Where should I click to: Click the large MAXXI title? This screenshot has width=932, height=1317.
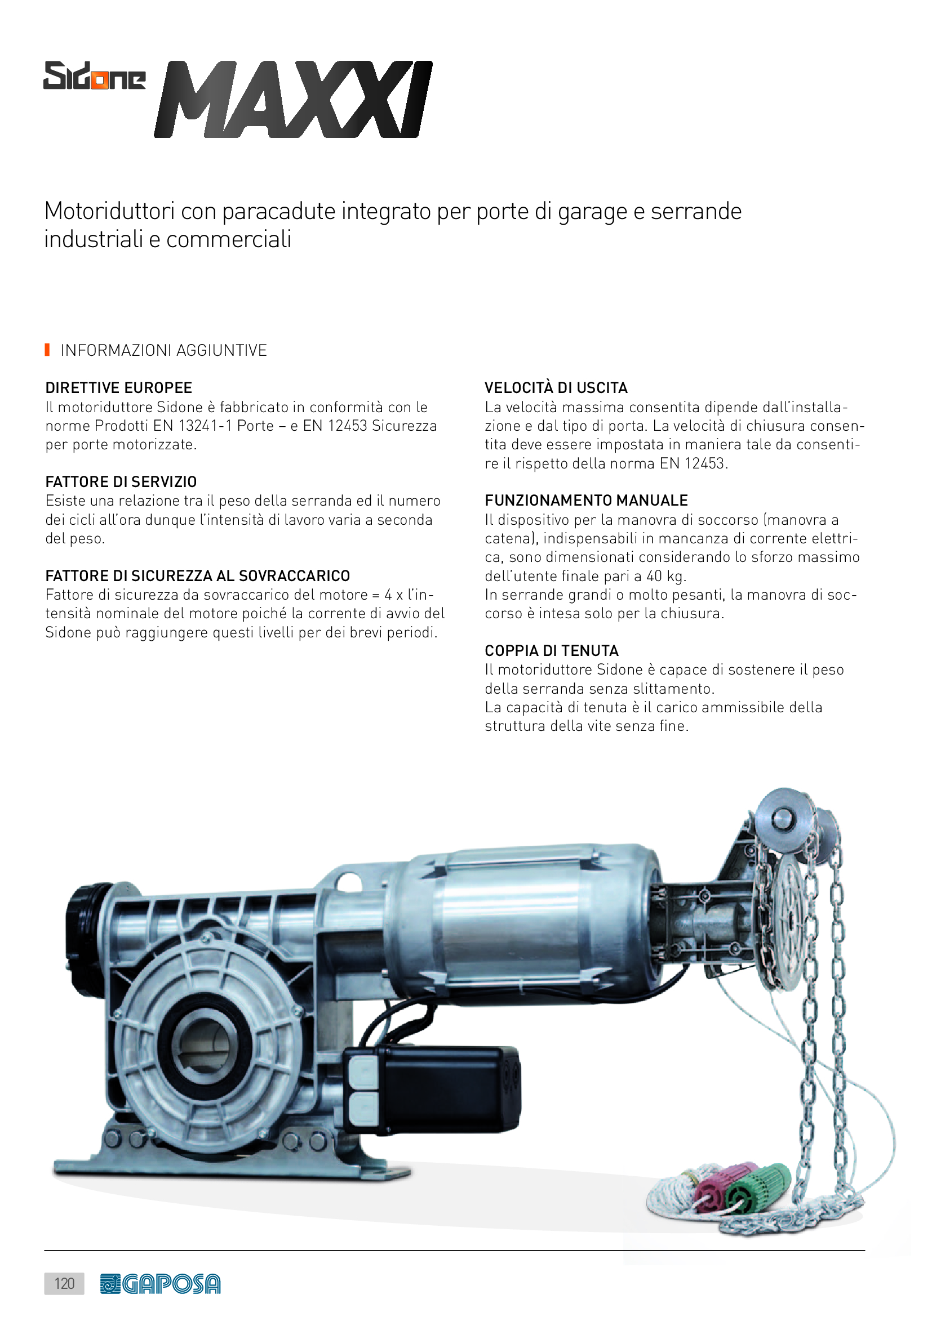(293, 99)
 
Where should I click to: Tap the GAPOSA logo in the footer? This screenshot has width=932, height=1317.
(160, 1284)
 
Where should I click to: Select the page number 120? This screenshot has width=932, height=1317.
(64, 1283)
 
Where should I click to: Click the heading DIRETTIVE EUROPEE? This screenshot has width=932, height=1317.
(119, 388)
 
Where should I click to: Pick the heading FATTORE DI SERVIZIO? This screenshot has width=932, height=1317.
(121, 482)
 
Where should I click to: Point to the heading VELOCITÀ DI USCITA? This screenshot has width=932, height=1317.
(556, 387)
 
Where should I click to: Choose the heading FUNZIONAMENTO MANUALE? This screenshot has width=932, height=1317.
(586, 500)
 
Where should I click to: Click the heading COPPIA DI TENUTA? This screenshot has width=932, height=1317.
(552, 650)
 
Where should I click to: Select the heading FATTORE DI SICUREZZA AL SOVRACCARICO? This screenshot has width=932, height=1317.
(197, 575)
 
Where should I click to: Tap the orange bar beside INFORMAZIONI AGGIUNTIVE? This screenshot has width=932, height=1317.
(47, 349)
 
